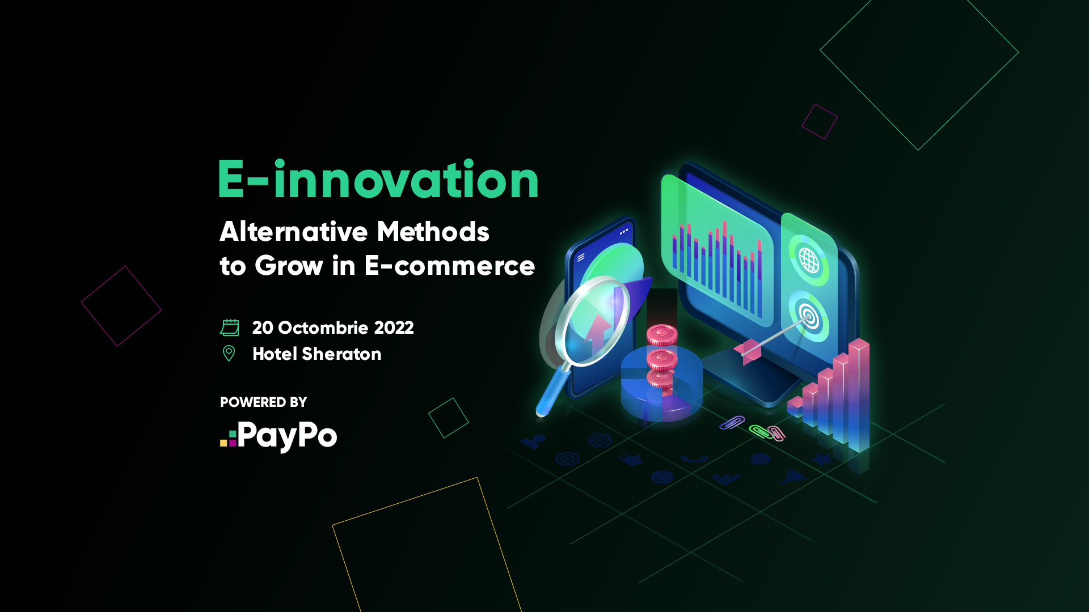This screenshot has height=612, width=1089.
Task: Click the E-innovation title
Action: pos(378,180)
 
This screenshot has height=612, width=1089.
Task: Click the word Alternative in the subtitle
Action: pos(294,232)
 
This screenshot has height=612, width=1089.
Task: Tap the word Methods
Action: pos(433,232)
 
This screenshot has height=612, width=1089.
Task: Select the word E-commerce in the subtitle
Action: pos(449,266)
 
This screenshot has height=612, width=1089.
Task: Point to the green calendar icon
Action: pos(230,328)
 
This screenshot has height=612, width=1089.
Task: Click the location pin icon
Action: pos(229,354)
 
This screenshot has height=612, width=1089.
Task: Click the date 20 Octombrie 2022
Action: pos(333,328)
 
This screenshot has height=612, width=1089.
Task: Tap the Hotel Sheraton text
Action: pos(316,354)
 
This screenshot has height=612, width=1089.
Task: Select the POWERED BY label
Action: pos(263,402)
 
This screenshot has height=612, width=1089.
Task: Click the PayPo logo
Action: pos(278,436)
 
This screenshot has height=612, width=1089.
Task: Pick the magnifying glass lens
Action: pos(593,320)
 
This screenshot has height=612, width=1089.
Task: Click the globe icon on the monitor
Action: pos(808,260)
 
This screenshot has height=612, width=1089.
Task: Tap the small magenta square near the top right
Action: pos(819,121)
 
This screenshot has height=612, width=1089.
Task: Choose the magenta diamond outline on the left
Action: pos(121,307)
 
